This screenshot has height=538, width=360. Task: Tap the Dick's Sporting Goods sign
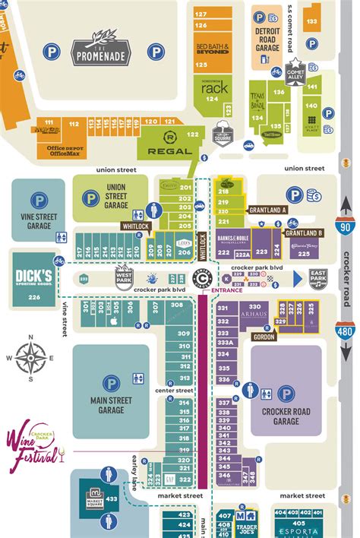[33, 274]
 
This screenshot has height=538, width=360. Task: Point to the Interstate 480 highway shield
[346, 332]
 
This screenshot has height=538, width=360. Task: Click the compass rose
[30, 358]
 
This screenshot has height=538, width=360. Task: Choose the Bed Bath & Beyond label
[212, 48]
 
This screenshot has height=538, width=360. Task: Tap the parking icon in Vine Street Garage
[39, 201]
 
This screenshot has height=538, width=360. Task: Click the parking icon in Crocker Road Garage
[286, 393]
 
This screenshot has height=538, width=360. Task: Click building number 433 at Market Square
[111, 498]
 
